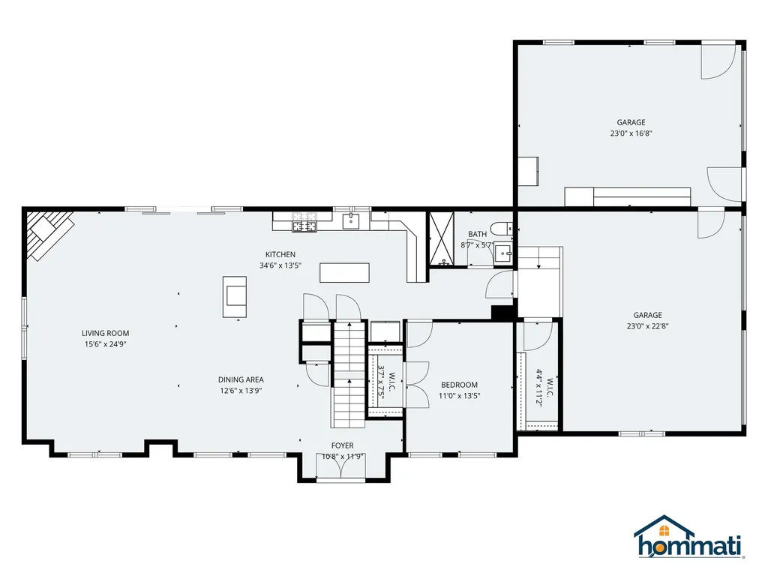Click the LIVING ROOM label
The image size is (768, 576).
105,333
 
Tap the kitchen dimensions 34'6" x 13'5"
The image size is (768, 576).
280,265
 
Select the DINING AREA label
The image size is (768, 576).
241,379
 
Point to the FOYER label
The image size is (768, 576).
342,445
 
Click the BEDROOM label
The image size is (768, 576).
459,385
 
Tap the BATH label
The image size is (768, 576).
478,234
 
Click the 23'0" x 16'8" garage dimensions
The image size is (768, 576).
631,133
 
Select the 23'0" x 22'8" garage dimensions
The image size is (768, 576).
647,326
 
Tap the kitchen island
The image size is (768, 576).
345,273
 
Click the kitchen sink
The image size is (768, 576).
351,221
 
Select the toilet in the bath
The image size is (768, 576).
502,228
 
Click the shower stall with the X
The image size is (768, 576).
442,239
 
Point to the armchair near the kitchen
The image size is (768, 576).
235,297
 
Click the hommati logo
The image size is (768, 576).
689,537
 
